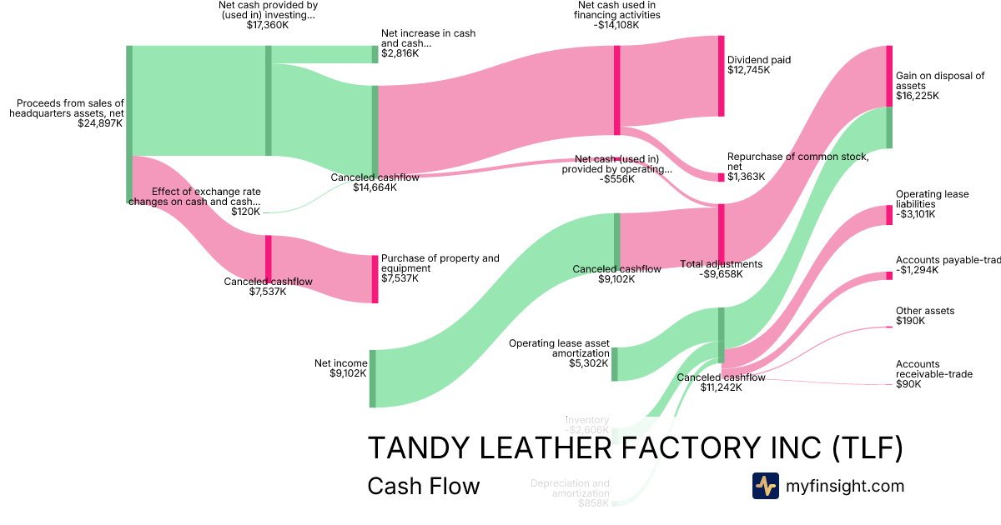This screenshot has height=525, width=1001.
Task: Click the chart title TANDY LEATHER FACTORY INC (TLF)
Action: [635, 448]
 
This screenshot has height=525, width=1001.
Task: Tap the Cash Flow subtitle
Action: [423, 486]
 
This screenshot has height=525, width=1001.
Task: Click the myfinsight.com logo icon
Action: [765, 486]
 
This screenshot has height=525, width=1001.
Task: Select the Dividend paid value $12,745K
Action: [748, 70]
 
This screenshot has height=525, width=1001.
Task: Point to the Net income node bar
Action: [373, 378]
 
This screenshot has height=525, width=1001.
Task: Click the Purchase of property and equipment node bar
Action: [375, 278]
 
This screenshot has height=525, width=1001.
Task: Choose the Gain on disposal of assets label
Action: [940, 80]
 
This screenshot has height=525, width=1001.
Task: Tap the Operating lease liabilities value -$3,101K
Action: [915, 214]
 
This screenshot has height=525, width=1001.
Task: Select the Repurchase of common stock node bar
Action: [722, 177]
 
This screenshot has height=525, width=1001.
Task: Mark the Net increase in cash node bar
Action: [375, 54]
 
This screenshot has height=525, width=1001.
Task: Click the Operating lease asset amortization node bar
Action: [615, 364]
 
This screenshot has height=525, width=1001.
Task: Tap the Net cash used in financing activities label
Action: [618, 14]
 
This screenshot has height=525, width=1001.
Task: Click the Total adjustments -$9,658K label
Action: [721, 268]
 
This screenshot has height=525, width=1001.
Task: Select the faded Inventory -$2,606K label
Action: [587, 425]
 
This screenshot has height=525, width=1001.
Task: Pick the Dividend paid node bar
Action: [721, 76]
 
